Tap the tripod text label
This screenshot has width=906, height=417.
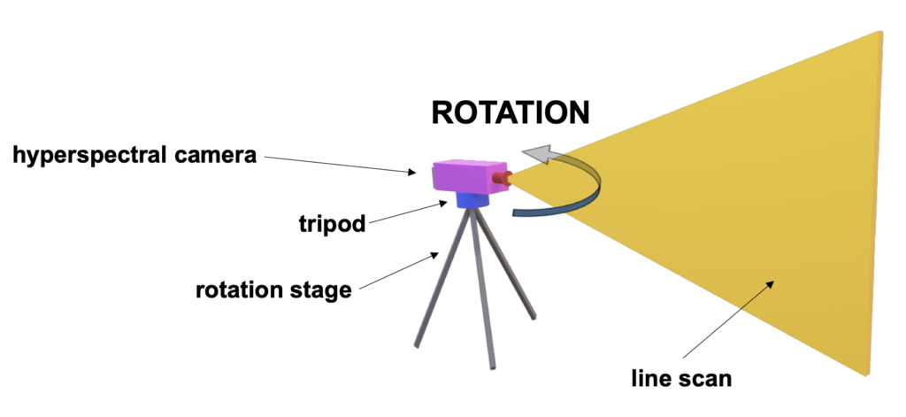pyautogui.click(x=333, y=223)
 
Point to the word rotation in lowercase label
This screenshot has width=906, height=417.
pyautogui.click(x=233, y=290)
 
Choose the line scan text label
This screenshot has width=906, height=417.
pyautogui.click(x=681, y=378)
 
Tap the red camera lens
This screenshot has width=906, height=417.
pyautogui.click(x=503, y=179)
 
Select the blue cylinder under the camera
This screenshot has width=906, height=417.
pyautogui.click(x=472, y=199)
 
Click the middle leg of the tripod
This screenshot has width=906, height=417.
pyautogui.click(x=484, y=290)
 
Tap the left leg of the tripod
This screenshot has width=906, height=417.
pyautogui.click(x=441, y=278)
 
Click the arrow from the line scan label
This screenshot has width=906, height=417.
pyautogui.click(x=729, y=320)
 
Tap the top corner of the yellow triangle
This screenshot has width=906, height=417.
pyautogui.click(x=879, y=32)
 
